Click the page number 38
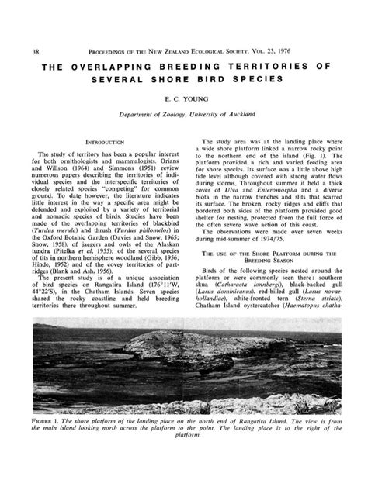(x=33, y=30)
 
